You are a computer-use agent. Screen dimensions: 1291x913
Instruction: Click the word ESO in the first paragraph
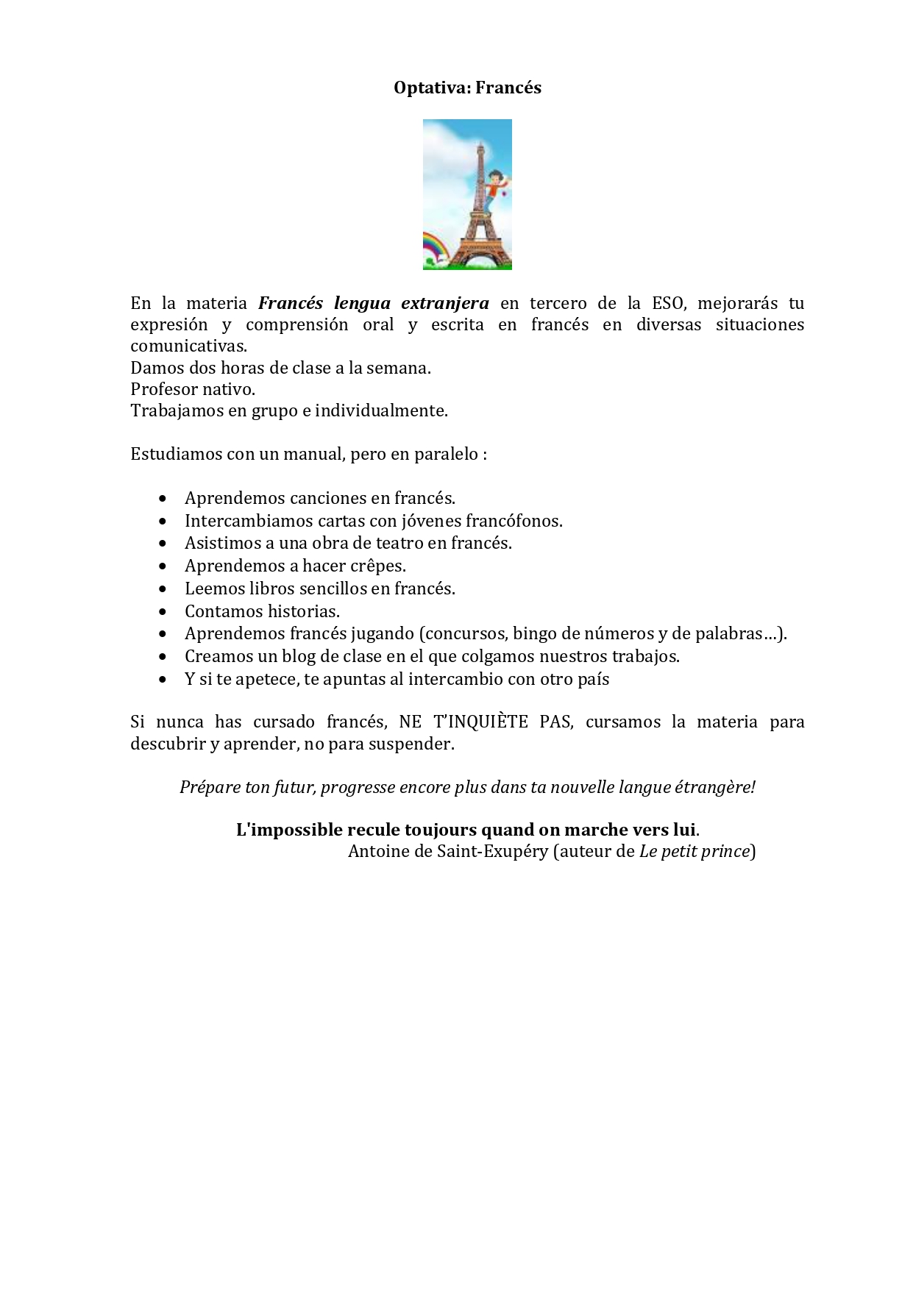point(668,303)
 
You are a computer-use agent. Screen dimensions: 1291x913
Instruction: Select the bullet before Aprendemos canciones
point(163,499)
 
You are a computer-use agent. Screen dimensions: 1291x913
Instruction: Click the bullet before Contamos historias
point(163,612)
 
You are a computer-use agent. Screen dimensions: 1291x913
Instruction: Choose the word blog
point(299,656)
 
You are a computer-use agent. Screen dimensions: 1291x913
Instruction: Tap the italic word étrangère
point(714,787)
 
